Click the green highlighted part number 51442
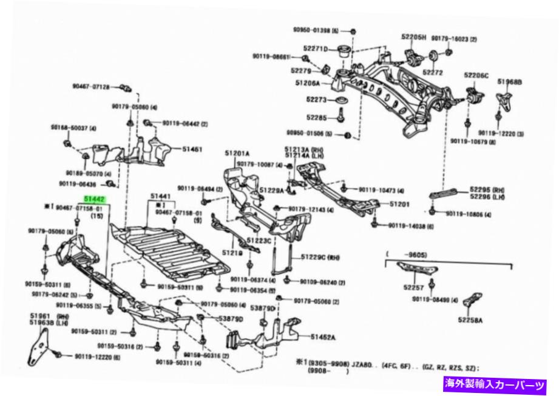(x=96, y=199)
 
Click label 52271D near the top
(x=316, y=49)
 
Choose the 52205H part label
(x=415, y=37)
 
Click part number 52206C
(x=476, y=75)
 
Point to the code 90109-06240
(x=321, y=282)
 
